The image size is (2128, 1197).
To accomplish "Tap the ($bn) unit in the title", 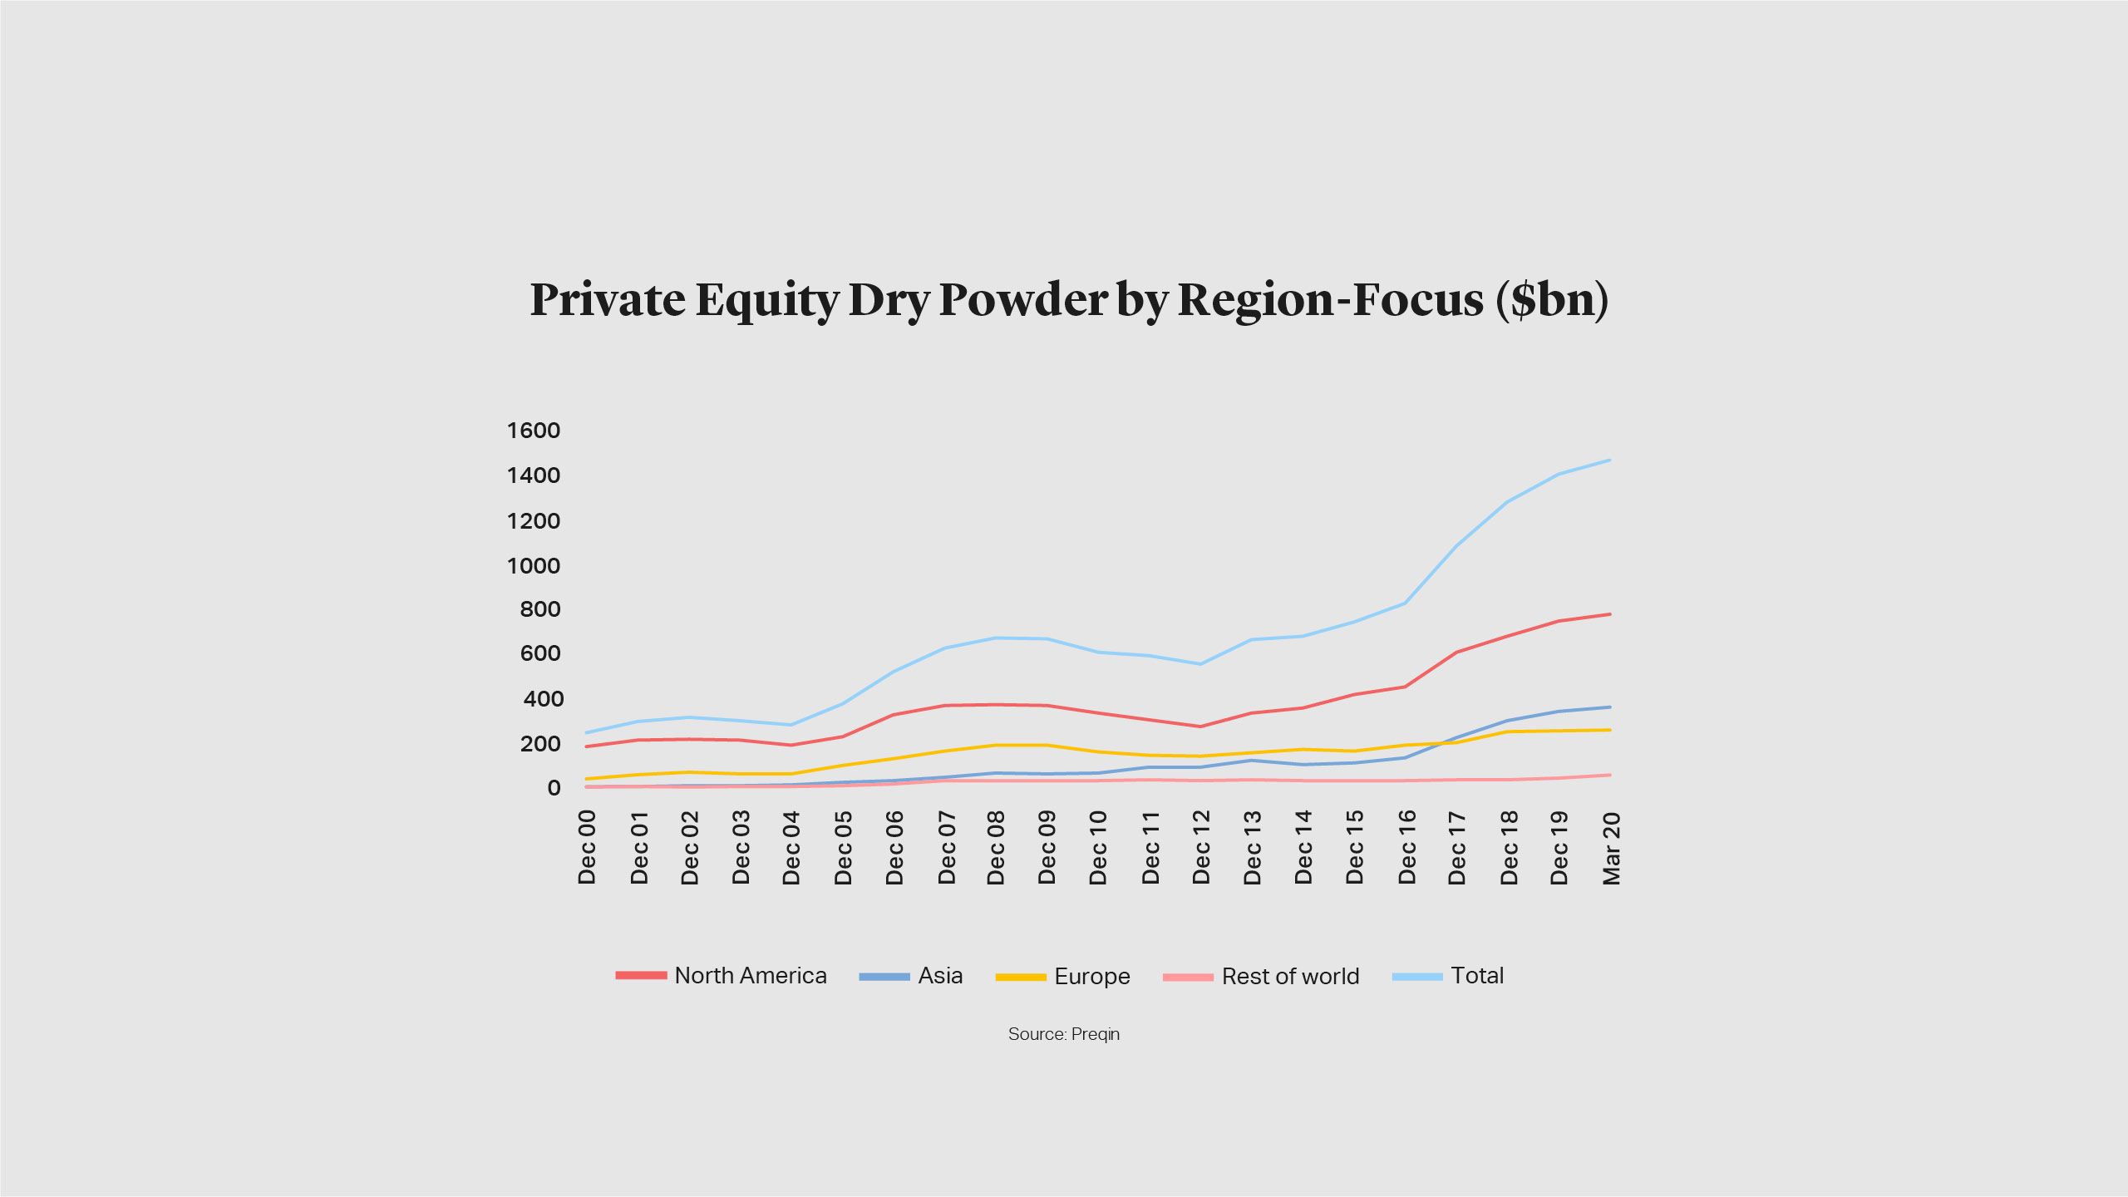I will [x=1551, y=299].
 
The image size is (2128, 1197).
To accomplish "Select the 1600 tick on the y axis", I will [x=534, y=431].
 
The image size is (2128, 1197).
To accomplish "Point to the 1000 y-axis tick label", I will [x=534, y=566].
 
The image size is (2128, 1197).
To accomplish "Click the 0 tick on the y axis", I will [x=554, y=787].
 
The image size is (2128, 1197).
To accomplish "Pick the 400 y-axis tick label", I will [x=543, y=699].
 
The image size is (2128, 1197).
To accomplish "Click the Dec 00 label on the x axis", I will [x=587, y=847].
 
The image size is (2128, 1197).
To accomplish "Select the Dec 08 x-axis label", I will [x=996, y=847].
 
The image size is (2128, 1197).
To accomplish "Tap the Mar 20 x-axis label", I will [x=1611, y=847].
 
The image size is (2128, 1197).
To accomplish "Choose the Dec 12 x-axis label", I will [x=1201, y=847].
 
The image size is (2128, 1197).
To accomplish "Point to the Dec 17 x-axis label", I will [x=1457, y=847].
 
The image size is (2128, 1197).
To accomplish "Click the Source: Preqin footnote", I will [x=1064, y=1034].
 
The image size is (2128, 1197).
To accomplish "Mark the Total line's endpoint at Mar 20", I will [x=1610, y=460].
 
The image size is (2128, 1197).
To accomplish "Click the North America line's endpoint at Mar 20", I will [x=1610, y=614].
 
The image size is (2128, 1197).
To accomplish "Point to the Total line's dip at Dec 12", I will [x=1200, y=664].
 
